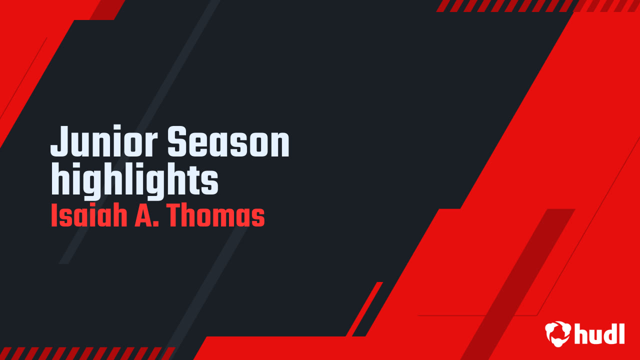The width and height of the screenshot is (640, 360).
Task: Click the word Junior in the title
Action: point(104,141)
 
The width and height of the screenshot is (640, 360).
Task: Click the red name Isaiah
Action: point(89,215)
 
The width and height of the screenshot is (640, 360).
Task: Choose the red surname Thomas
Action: point(215,215)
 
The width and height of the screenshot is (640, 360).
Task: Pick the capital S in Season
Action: point(177,141)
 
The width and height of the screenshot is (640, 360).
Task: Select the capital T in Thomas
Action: point(175,215)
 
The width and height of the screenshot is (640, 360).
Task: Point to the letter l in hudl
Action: point(621,333)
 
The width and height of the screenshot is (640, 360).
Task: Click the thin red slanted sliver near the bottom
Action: point(364,309)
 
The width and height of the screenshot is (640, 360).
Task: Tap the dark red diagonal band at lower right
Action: point(517,284)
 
